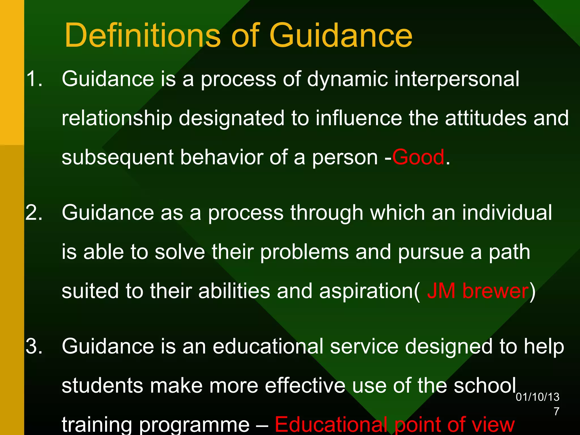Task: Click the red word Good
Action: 418,157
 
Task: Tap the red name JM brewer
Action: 478,291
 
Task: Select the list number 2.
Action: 34,213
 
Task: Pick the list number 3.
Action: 34,346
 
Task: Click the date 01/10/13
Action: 537,397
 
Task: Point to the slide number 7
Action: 556,411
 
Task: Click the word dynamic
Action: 347,79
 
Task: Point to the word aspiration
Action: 367,291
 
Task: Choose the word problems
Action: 304,252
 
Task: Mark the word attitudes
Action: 485,118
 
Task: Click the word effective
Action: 305,386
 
